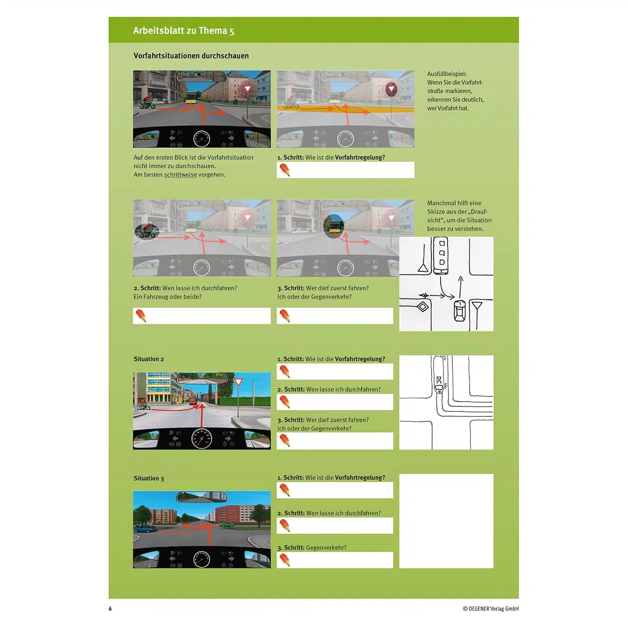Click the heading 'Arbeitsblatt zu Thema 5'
[184, 31]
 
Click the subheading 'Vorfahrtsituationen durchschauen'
[191, 56]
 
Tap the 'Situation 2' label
[148, 359]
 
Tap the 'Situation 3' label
[148, 479]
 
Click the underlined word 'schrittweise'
[180, 175]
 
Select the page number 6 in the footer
[110, 609]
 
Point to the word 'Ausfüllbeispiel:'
[446, 74]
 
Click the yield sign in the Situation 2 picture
[238, 383]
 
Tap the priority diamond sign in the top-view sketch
[423, 307]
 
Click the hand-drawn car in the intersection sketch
[459, 310]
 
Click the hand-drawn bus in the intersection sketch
[441, 256]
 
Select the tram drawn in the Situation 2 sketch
[439, 375]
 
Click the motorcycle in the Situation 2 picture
[144, 406]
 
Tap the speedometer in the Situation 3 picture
[201, 559]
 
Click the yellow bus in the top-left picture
[191, 98]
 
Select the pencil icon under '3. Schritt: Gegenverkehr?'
[285, 560]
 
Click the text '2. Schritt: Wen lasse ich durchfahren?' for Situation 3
[329, 514]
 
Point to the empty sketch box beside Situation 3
[446, 521]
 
